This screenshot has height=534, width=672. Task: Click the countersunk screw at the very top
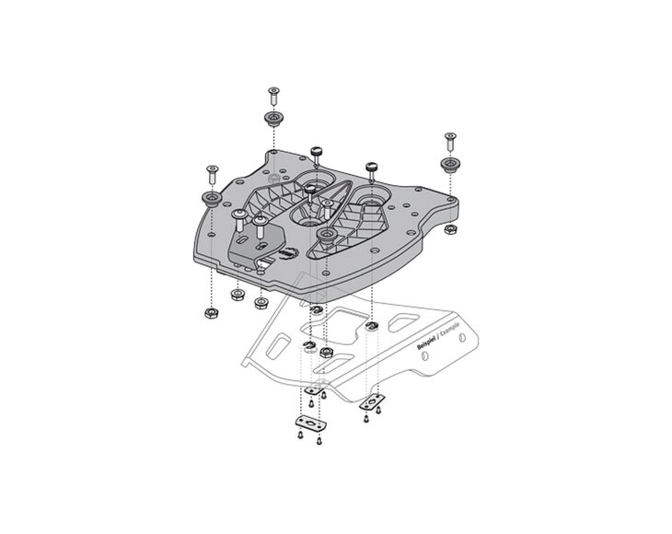[273, 96]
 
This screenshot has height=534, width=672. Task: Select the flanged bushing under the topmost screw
[273, 119]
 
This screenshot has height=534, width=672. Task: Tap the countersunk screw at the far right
[450, 142]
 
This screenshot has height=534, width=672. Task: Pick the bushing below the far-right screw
[450, 165]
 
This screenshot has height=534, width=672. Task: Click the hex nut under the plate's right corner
[450, 229]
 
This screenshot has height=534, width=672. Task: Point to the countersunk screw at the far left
[213, 174]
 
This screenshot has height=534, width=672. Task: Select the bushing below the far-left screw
[212, 199]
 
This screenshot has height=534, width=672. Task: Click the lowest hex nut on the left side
[212, 313]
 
